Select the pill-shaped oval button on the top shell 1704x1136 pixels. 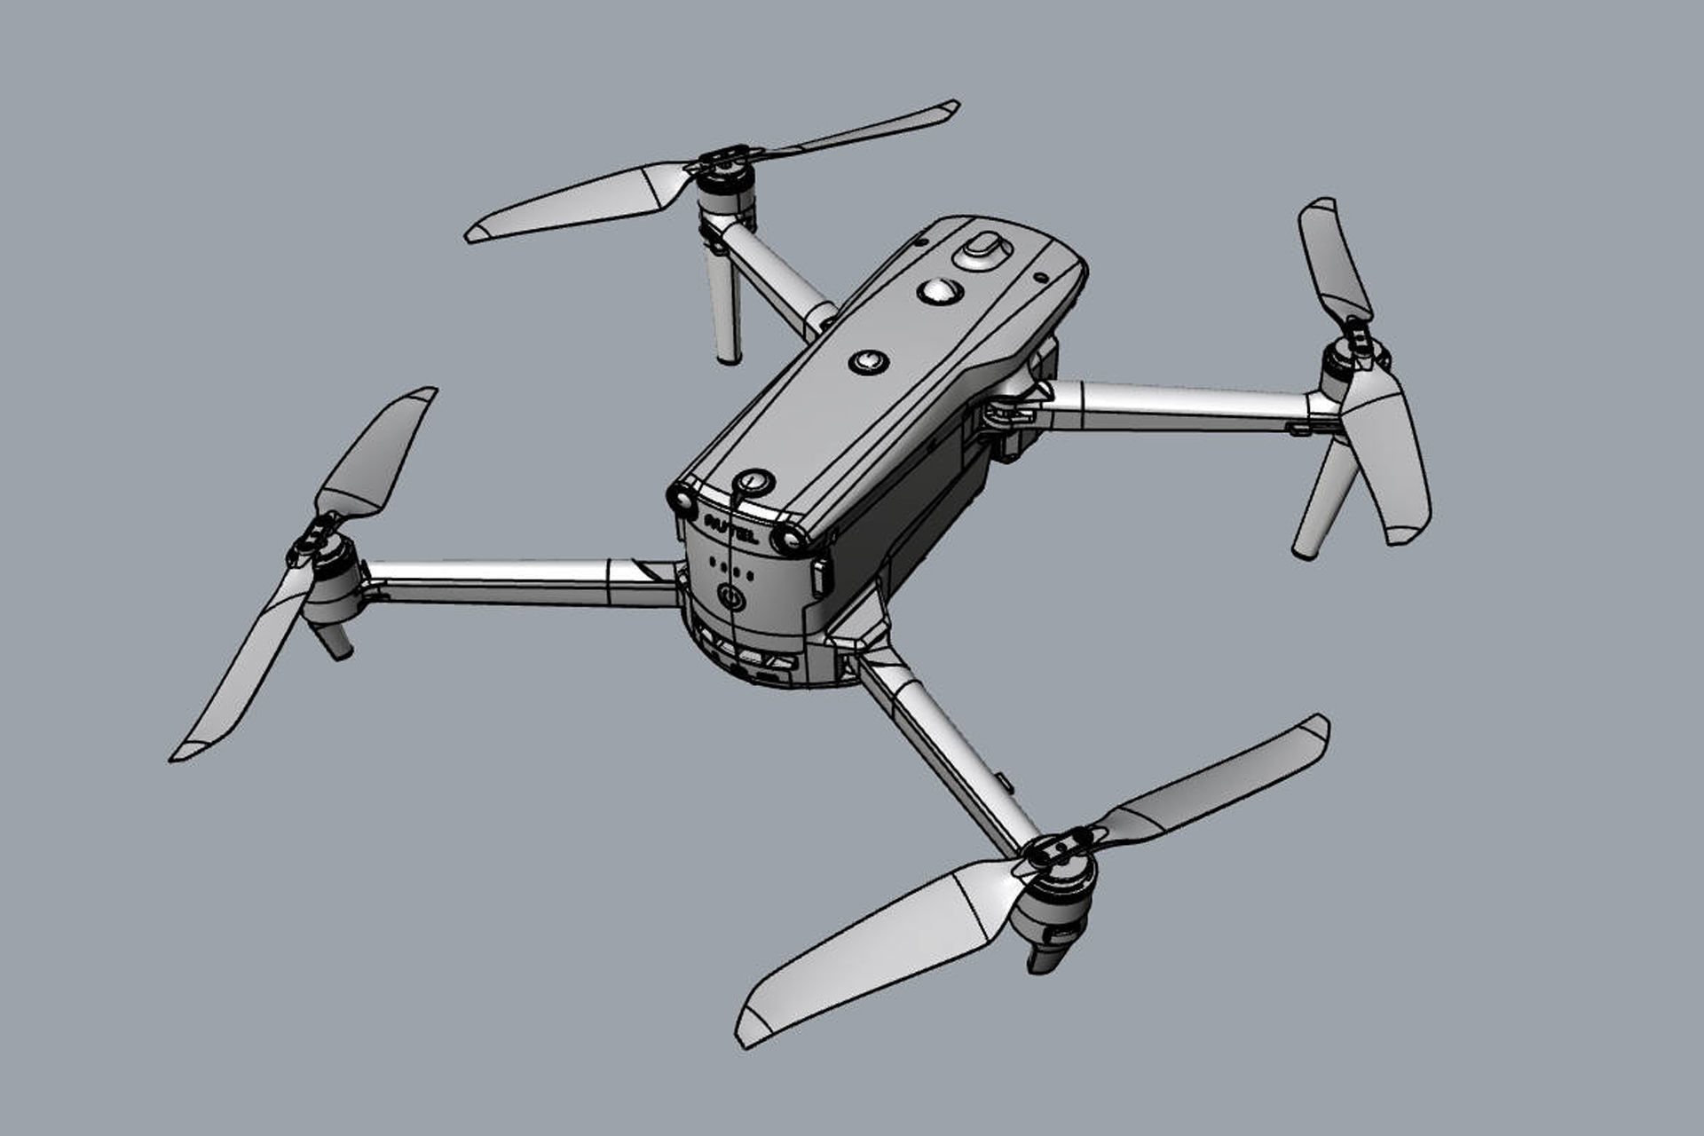982,248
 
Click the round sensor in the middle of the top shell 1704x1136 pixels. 868,361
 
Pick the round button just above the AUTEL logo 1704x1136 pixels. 754,482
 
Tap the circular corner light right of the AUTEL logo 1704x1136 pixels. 789,539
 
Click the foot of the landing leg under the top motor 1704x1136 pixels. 729,355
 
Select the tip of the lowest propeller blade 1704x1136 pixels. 745,1037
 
